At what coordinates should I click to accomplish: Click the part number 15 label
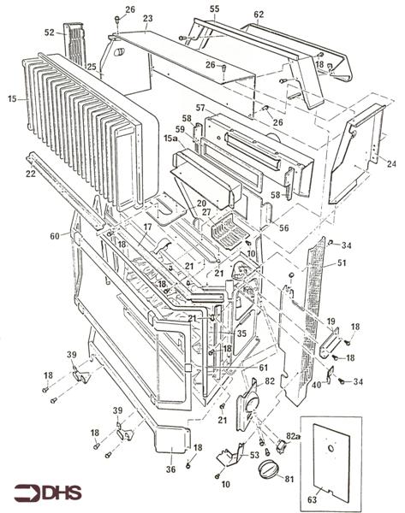(x=12, y=100)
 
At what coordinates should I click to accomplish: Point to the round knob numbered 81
(x=271, y=469)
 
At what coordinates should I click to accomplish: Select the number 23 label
(x=147, y=18)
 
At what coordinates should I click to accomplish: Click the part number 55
(x=214, y=8)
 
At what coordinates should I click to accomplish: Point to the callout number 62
(x=258, y=14)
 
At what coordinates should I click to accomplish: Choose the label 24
(x=390, y=163)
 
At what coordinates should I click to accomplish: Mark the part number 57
(x=200, y=109)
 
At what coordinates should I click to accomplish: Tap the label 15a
(x=170, y=137)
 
